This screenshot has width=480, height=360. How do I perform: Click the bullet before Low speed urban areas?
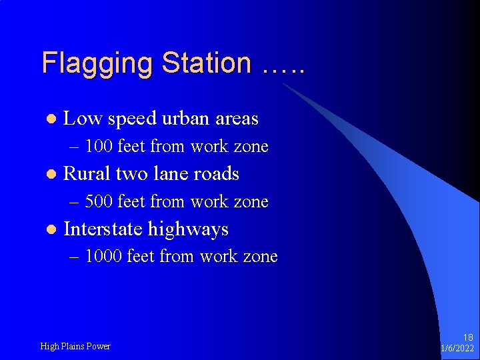50,119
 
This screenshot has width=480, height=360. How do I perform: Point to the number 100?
99,146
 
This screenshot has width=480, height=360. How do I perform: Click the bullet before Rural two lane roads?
50,175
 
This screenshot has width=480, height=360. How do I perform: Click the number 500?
99,201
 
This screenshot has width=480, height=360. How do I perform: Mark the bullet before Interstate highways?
50,230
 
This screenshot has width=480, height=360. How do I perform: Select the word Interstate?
103,229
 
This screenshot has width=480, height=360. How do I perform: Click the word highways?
188,230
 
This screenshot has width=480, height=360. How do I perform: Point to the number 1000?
103,256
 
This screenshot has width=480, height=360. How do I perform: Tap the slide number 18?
468,338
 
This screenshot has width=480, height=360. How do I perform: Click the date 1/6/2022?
457,349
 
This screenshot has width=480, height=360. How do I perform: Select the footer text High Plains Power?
75,346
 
